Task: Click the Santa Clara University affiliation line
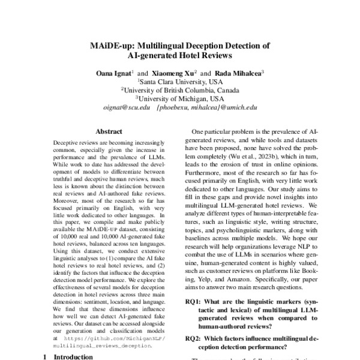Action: (x=180, y=82)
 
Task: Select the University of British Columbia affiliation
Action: (x=180, y=90)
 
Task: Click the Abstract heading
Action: (x=109, y=131)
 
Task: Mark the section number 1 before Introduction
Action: (x=44, y=356)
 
